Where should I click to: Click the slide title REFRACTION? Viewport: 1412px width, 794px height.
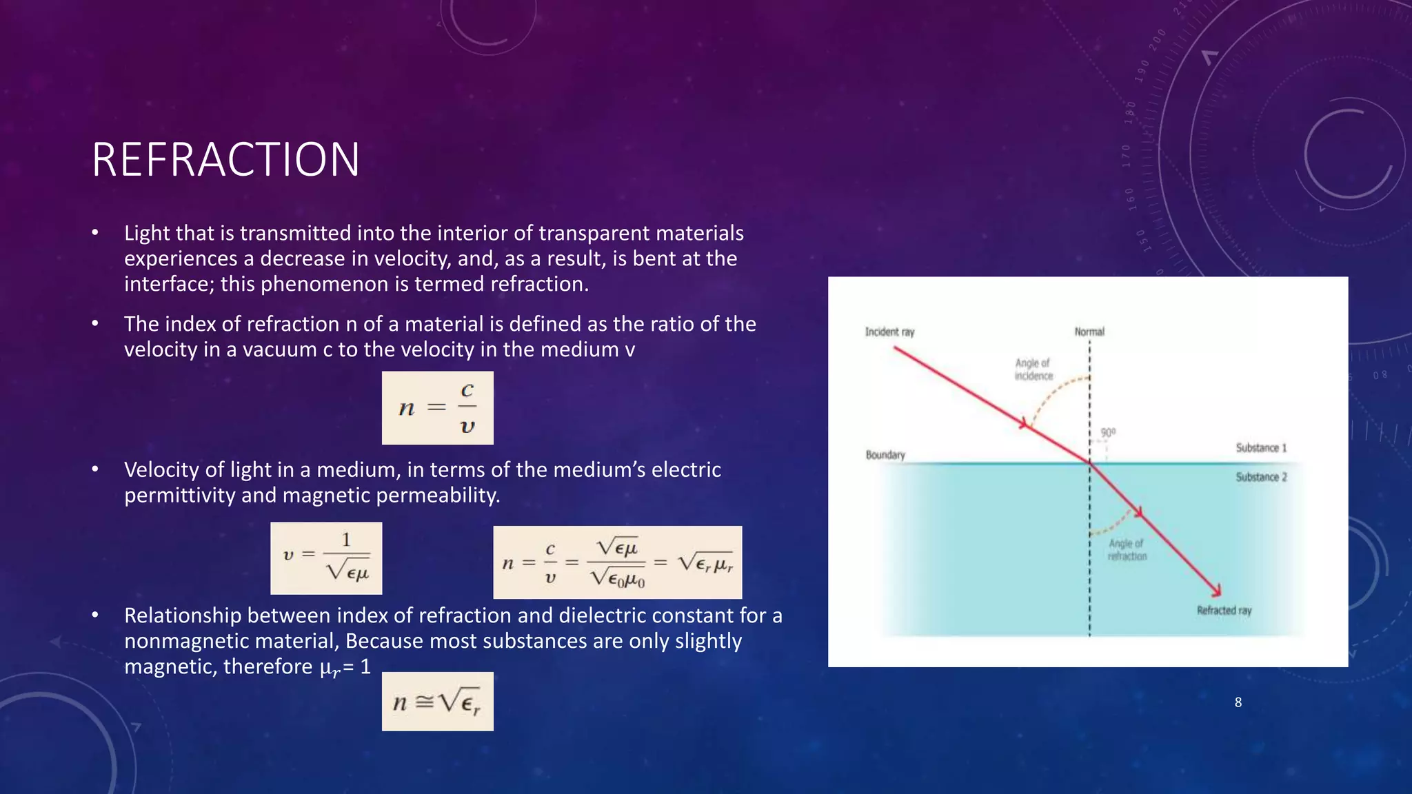pyautogui.click(x=225, y=159)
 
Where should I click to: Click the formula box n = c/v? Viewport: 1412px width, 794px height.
pyautogui.click(x=438, y=408)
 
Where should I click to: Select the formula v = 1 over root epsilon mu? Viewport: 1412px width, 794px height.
pyautogui.click(x=326, y=558)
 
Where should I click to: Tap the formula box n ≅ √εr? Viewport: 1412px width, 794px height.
pyautogui.click(x=438, y=702)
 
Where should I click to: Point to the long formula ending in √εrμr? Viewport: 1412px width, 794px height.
pyautogui.click(x=618, y=562)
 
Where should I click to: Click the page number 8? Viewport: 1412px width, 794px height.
pyautogui.click(x=1238, y=702)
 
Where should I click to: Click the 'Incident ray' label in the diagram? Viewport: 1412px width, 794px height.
pyautogui.click(x=889, y=332)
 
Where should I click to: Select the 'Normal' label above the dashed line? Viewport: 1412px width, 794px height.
pyautogui.click(x=1089, y=332)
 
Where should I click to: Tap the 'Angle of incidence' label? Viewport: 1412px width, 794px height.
pyautogui.click(x=1033, y=369)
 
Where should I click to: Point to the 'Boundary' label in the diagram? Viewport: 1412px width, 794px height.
pyautogui.click(x=885, y=455)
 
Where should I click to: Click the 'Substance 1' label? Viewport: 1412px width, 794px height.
pyautogui.click(x=1261, y=448)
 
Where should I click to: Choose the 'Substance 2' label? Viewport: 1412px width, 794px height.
pyautogui.click(x=1261, y=477)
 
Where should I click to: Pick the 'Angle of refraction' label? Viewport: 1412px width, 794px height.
pyautogui.click(x=1127, y=550)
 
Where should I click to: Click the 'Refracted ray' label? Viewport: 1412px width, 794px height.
pyautogui.click(x=1224, y=611)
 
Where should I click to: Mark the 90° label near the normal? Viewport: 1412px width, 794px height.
pyautogui.click(x=1108, y=433)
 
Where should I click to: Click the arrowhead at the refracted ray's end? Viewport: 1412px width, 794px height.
pyautogui.click(x=1216, y=591)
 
